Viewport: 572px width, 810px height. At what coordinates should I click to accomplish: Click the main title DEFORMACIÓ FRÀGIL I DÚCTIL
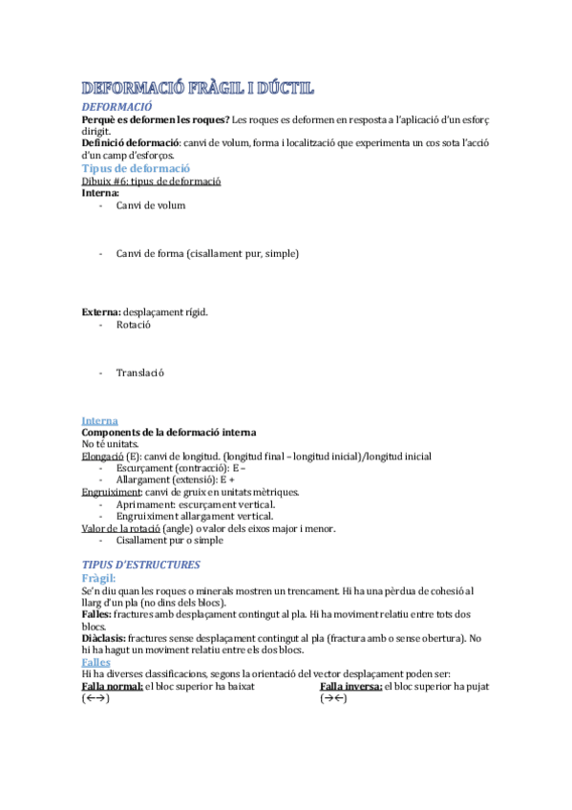(x=198, y=89)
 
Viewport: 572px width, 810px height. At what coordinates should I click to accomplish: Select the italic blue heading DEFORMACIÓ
(x=117, y=107)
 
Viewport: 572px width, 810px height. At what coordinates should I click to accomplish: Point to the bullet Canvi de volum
(x=151, y=205)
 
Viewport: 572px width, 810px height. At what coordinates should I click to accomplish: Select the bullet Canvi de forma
(x=207, y=253)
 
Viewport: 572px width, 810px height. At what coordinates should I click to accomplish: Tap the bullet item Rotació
(x=134, y=325)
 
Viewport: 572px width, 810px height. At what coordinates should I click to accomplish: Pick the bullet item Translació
(x=140, y=373)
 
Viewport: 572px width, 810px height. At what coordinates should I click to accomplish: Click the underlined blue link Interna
(x=100, y=420)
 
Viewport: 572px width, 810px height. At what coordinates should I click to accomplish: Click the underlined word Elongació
(x=102, y=457)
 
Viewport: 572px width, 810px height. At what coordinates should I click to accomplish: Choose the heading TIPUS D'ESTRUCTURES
(x=141, y=565)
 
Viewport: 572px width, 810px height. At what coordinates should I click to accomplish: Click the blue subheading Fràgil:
(x=99, y=578)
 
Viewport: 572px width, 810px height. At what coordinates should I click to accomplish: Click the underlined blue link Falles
(x=96, y=662)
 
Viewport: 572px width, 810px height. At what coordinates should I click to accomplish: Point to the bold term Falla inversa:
(x=351, y=687)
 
